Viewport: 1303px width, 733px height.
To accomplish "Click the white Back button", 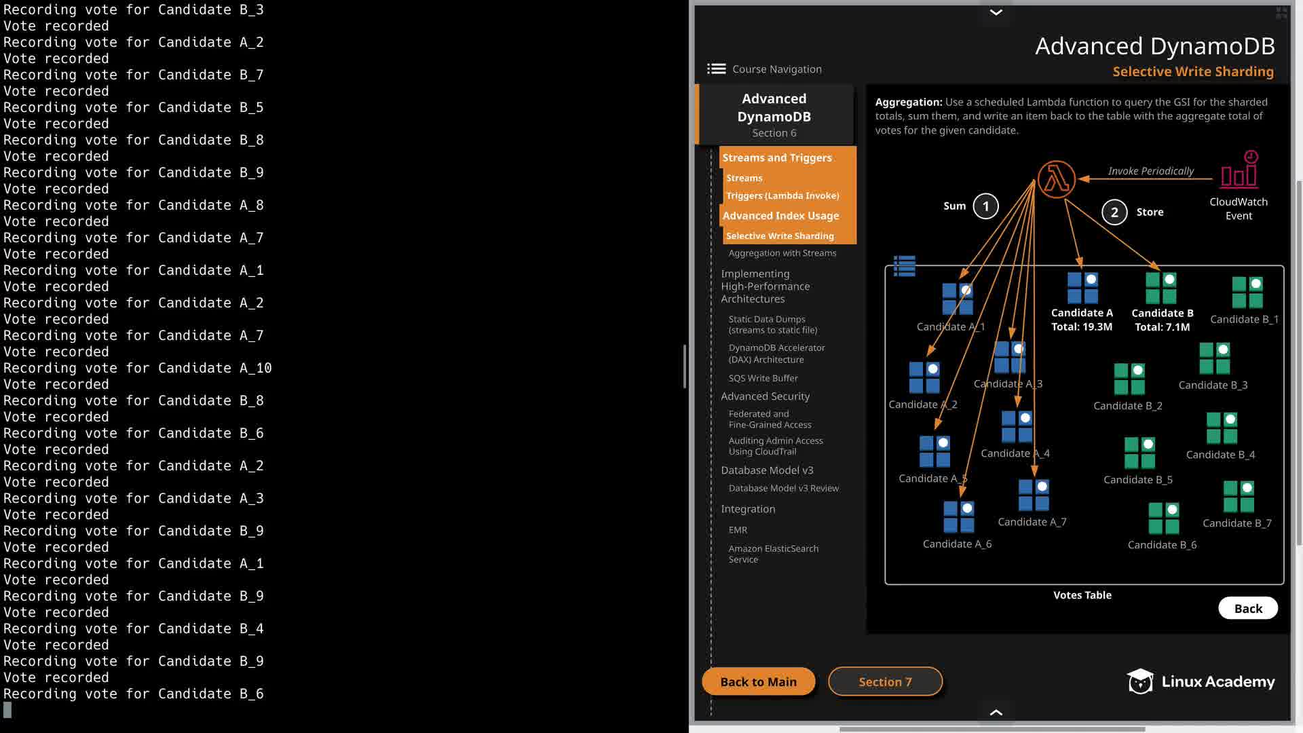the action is coord(1248,608).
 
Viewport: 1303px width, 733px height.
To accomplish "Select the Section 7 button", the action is coord(885,681).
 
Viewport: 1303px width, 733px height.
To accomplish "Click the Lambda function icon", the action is coord(1057,179).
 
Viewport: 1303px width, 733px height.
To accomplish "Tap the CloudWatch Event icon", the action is coord(1239,169).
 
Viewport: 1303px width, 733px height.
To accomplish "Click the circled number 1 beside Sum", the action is coord(985,206).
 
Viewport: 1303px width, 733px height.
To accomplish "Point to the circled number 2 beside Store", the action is coord(1114,212).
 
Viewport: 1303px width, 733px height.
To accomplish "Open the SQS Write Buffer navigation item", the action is coord(763,378).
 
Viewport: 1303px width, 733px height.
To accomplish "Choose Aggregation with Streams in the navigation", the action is coord(782,253).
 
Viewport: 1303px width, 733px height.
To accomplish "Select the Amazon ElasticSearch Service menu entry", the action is coord(774,554).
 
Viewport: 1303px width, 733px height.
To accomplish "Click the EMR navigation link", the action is coord(738,530).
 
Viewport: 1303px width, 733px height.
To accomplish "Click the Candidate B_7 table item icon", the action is coord(1239,496).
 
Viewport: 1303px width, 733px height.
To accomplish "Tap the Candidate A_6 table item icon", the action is coord(959,516).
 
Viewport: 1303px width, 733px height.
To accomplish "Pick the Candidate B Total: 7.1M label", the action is coord(1163,320).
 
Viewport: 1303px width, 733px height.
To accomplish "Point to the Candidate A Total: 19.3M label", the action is coord(1082,320).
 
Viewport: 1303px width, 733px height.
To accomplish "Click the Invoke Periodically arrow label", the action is coord(1151,171).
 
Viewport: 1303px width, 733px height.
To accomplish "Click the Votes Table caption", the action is coord(1082,595).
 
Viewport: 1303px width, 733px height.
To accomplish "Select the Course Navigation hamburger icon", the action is coord(716,69).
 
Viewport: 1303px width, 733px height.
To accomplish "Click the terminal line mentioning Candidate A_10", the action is coord(138,368).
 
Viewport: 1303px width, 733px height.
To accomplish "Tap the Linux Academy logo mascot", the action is coord(1140,681).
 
